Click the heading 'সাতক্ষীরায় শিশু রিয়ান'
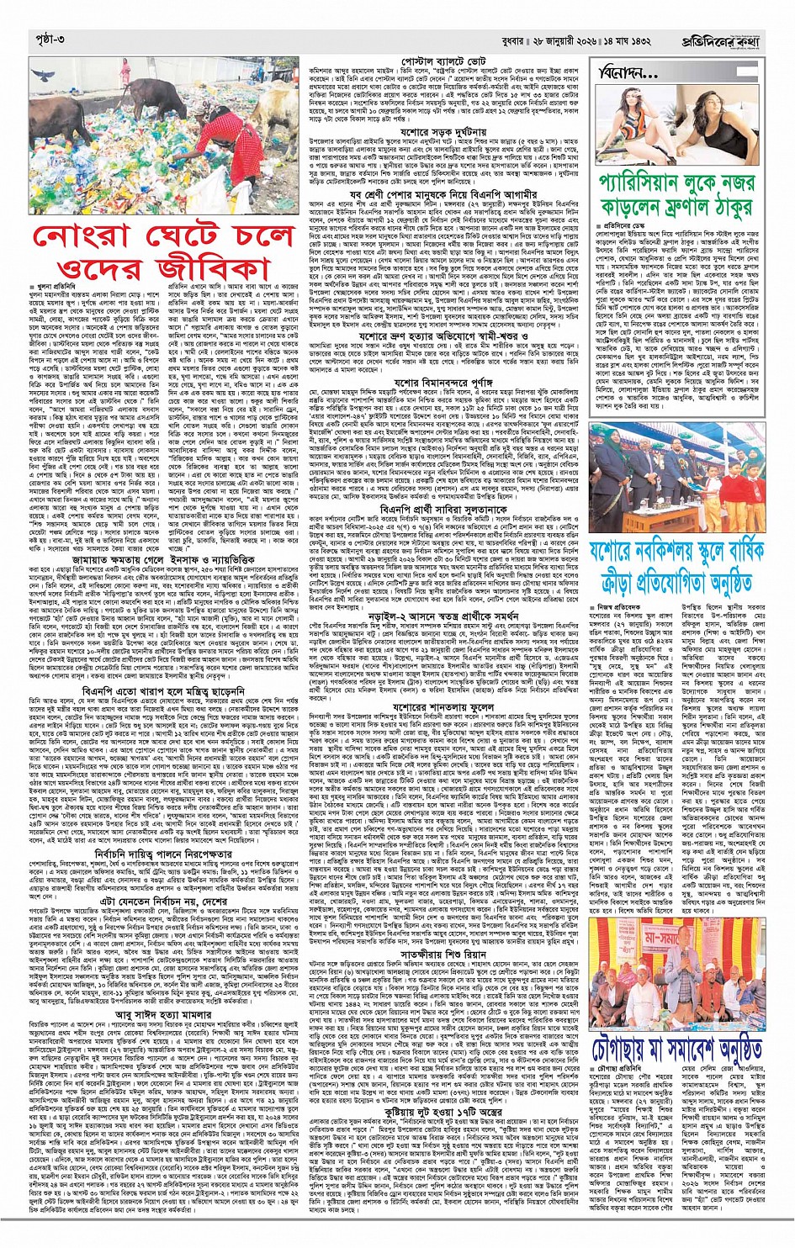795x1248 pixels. (x=443, y=955)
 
